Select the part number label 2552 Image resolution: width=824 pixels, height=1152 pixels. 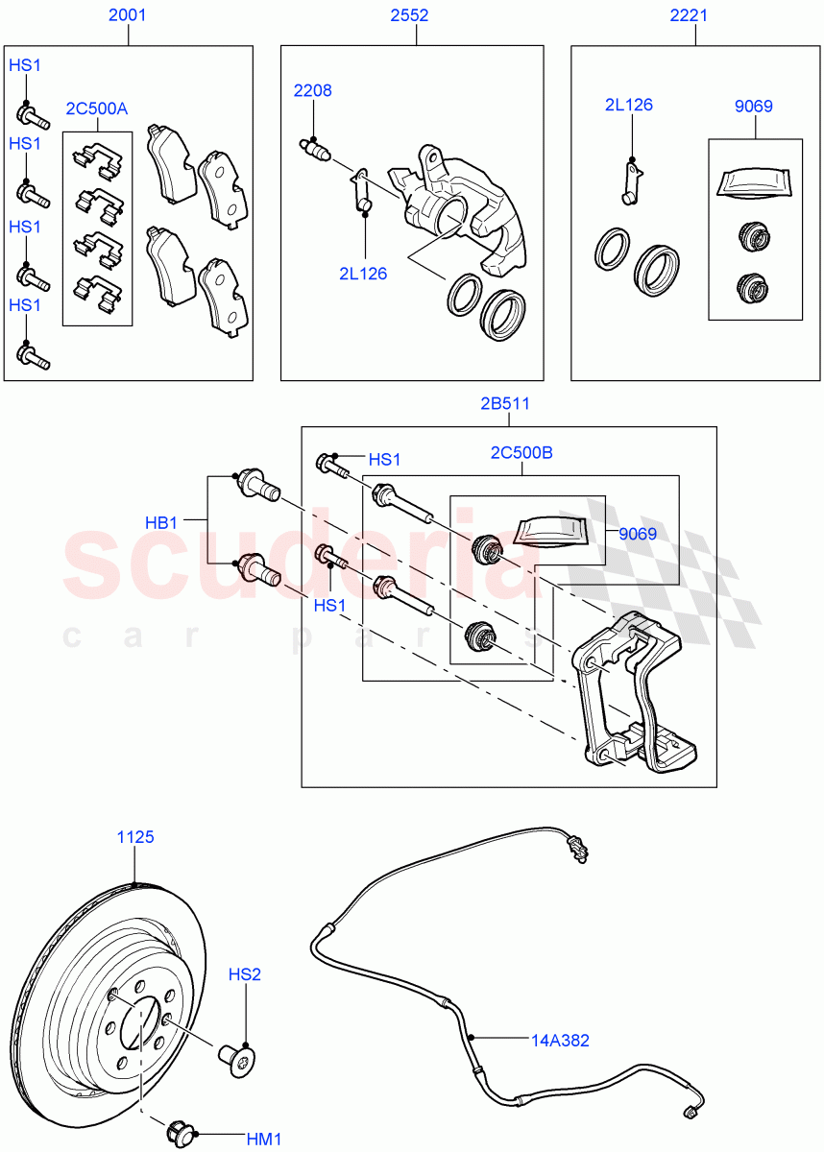coord(415,15)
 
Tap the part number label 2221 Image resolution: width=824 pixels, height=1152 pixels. coord(695,15)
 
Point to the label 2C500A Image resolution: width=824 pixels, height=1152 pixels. coord(96,108)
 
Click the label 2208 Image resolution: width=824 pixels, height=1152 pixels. coord(312,90)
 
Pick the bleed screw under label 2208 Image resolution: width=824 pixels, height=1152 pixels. coord(315,149)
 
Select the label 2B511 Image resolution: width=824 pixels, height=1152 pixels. coord(505,403)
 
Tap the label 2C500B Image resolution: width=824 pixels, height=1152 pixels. coord(521,452)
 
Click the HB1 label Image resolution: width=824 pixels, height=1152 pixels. coord(161,522)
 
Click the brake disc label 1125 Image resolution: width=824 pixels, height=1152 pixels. coord(135,837)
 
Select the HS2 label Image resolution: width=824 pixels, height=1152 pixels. coord(244,974)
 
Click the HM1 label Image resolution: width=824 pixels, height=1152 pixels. coord(263,1139)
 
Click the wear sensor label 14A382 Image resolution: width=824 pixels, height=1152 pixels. coord(561,1039)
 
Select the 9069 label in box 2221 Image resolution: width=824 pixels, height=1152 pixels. coord(753,107)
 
